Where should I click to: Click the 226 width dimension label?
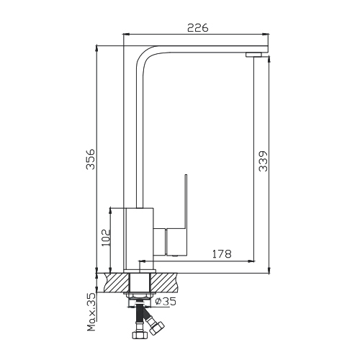pyautogui.click(x=198, y=28)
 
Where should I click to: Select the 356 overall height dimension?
pyautogui.click(x=91, y=159)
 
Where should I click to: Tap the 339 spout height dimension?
pyautogui.click(x=264, y=161)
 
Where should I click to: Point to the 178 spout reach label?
pyautogui.click(x=222, y=253)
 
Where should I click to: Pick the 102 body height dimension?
pyautogui.click(x=106, y=238)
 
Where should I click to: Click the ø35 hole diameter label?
pyautogui.click(x=166, y=301)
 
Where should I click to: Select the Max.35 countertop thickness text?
pyautogui.click(x=91, y=312)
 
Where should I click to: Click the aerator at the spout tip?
pyautogui.click(x=253, y=55)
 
